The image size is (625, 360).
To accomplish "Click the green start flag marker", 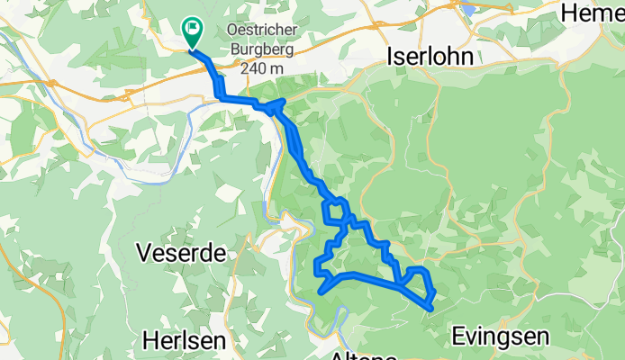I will pos(192,31).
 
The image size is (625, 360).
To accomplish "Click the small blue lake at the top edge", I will pos(469,10).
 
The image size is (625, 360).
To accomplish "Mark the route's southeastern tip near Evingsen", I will pos(432,309).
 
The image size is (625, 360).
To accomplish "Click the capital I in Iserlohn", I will pos(389,56).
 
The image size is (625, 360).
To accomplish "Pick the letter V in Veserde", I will pos(144,254).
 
